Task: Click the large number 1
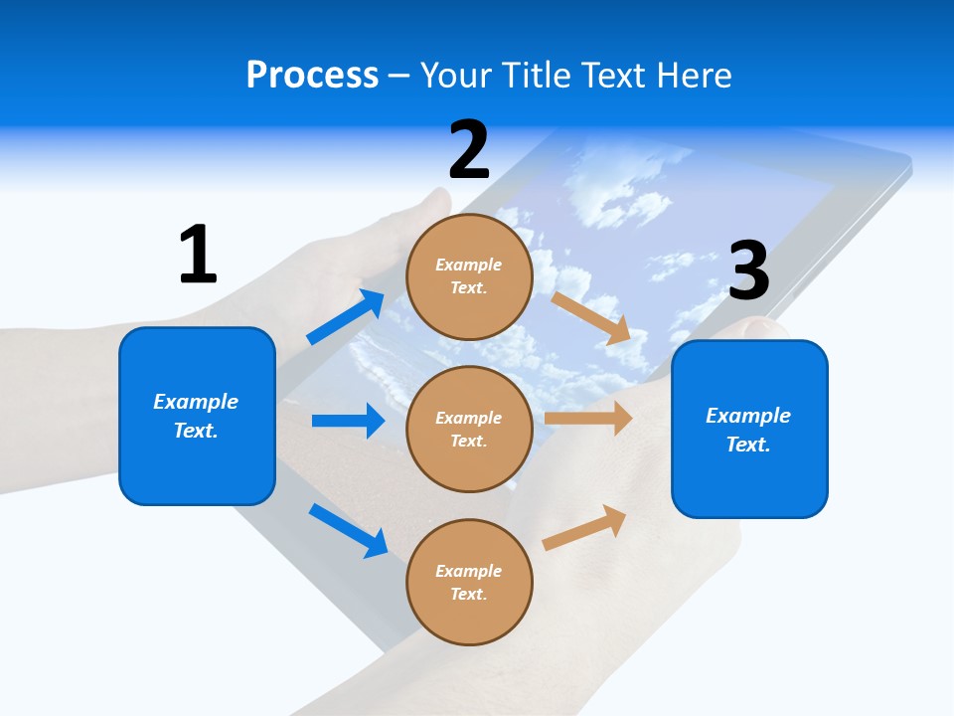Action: pos(198,256)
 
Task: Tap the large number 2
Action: pos(469,149)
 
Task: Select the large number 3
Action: pos(748,271)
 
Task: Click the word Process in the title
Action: pos(312,75)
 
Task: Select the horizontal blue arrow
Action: pos(348,421)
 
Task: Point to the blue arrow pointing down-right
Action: pos(348,530)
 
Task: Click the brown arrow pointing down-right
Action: pos(591,318)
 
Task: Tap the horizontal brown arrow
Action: pos(588,418)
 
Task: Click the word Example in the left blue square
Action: pos(196,402)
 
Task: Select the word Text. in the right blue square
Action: pos(748,445)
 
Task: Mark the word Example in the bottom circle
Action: pos(469,571)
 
